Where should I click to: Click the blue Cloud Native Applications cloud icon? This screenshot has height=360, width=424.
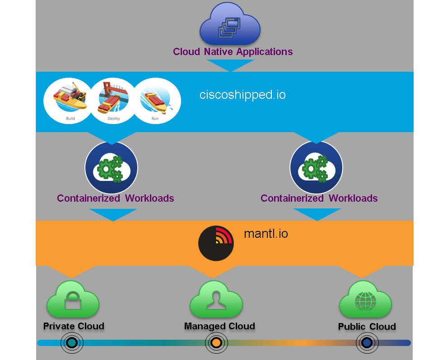230,26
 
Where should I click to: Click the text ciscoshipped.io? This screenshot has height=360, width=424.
242,95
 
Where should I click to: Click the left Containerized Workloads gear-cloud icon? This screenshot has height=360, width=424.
112,168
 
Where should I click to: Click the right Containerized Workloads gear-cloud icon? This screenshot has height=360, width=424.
316,168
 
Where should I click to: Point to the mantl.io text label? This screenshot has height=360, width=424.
266,234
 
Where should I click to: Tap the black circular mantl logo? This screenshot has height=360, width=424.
216,243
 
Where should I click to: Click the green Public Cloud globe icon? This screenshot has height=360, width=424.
365,300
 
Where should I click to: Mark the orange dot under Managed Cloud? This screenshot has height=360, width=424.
216,343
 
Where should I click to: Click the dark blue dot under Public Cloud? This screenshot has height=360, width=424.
367,343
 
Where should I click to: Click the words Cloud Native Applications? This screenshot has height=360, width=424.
233,51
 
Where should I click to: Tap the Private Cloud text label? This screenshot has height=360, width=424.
74,326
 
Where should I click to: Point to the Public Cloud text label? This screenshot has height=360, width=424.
367,327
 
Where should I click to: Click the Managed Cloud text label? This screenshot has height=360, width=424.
219,326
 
